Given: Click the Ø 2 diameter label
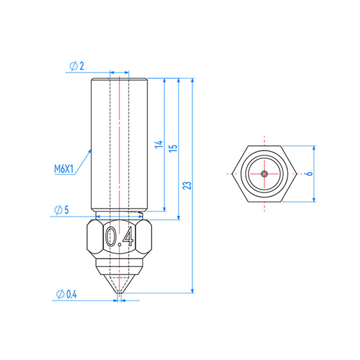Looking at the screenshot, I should (x=77, y=66).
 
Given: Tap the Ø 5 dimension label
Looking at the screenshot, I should (x=61, y=210).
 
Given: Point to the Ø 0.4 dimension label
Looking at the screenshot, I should (x=67, y=294).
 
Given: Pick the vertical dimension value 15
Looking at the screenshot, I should (x=174, y=148).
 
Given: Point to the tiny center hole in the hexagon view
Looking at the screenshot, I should (x=265, y=174).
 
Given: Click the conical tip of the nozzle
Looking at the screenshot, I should (x=119, y=284).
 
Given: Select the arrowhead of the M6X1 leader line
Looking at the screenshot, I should (x=90, y=150).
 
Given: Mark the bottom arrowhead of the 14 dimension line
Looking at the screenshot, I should (x=165, y=208).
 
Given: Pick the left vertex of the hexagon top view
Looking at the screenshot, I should (x=233, y=174).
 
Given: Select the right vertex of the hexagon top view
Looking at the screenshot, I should (x=297, y=174).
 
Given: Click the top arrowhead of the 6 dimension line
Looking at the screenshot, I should (x=314, y=148).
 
